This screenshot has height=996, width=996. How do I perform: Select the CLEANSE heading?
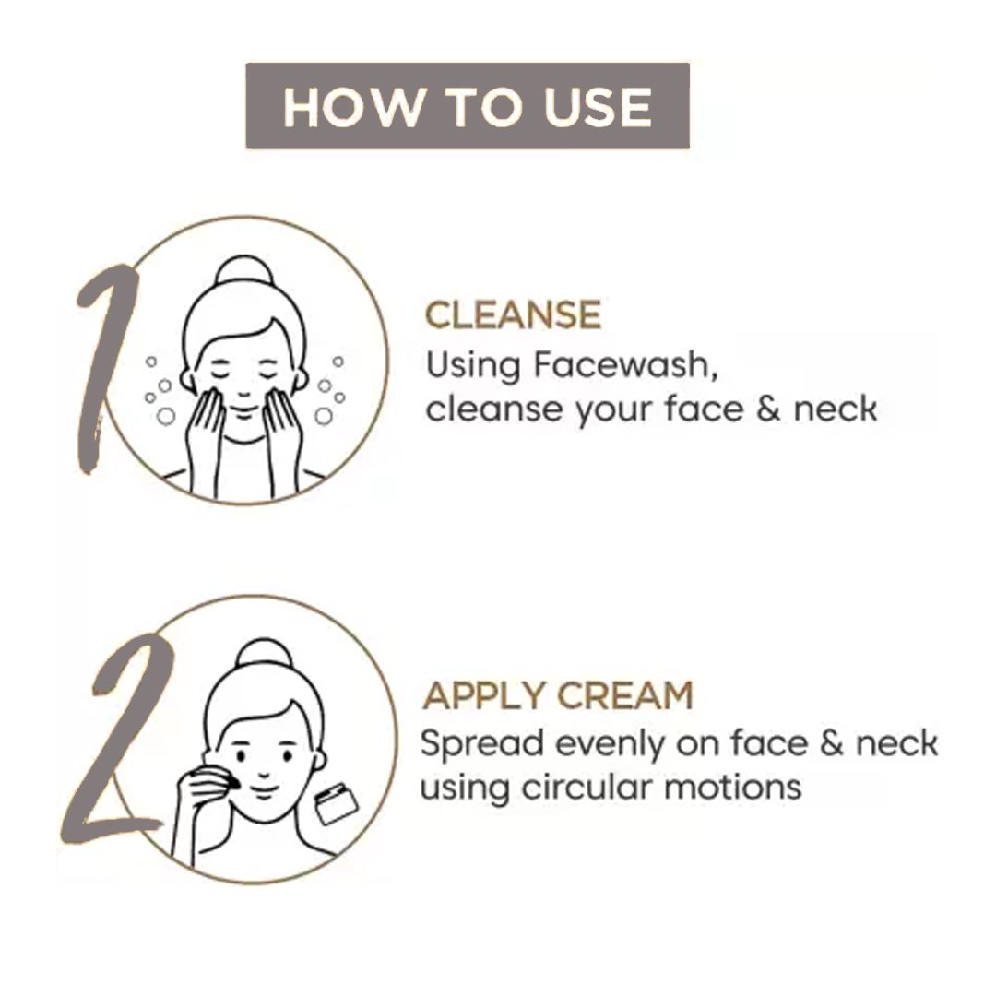click(514, 314)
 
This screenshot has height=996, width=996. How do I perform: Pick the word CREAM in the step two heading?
click(625, 695)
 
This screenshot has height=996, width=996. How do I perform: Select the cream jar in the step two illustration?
click(337, 803)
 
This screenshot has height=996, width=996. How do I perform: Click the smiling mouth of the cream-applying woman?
click(264, 791)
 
